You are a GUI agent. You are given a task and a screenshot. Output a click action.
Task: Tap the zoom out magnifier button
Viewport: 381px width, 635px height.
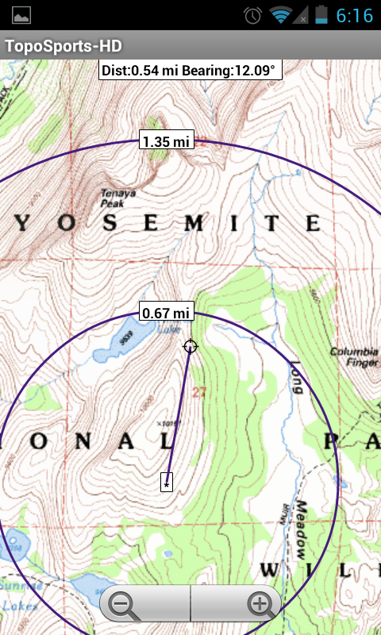pos(124,605)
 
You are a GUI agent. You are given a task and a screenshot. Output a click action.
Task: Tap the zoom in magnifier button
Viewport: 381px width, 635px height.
pos(259,605)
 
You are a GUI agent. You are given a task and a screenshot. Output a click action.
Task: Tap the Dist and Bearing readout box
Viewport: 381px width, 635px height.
pos(190,71)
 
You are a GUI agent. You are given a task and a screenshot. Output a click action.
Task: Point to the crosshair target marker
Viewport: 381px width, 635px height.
pos(190,346)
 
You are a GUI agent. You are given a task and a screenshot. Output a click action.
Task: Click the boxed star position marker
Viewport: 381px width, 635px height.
pos(167,482)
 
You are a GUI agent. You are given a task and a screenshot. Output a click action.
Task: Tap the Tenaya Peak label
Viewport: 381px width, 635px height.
pos(117,197)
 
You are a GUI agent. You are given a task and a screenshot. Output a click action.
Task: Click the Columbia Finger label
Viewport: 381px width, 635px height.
pos(354,356)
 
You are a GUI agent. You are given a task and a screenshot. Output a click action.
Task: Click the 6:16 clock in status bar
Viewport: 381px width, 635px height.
pos(354,15)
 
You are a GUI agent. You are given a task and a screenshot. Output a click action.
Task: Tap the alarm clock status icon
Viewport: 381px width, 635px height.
pos(253,15)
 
